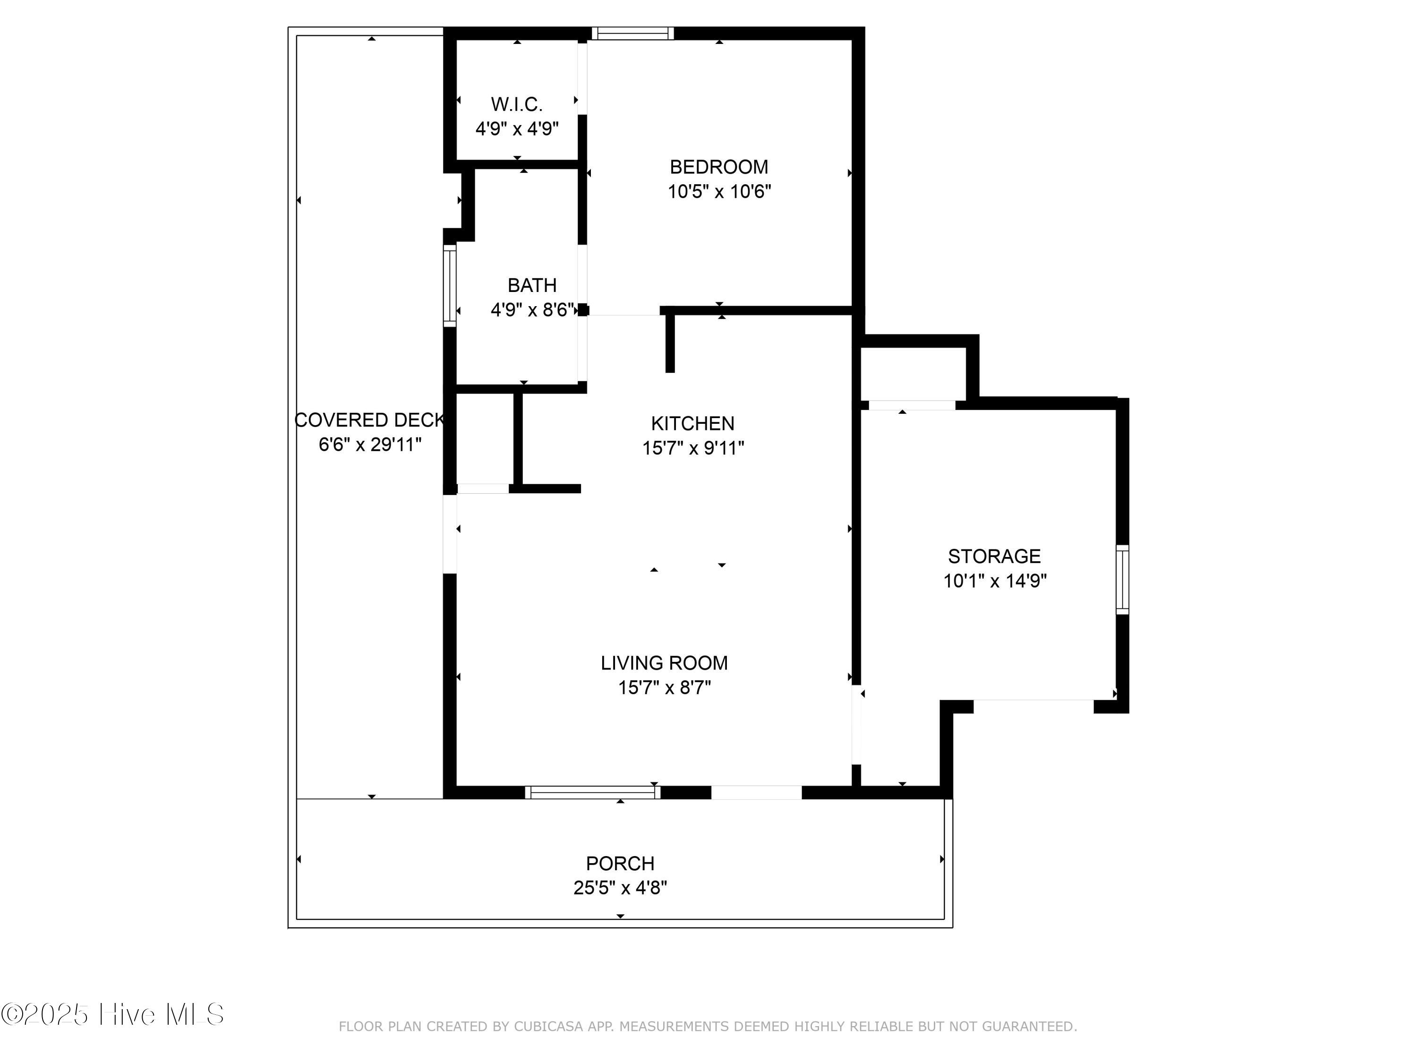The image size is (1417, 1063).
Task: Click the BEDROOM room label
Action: (x=719, y=167)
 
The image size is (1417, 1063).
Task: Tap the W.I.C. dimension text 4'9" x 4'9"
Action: (x=516, y=129)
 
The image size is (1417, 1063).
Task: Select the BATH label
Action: (x=532, y=285)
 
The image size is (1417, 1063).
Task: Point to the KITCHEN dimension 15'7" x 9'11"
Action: (x=693, y=448)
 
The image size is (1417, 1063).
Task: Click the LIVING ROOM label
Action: (x=664, y=662)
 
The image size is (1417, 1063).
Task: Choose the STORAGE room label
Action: (x=994, y=556)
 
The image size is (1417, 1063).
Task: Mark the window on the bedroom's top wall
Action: (x=632, y=34)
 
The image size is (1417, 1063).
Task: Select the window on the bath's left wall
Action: (x=450, y=286)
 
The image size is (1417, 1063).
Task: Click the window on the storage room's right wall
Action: (x=1122, y=579)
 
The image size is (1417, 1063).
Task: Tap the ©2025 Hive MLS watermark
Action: (x=112, y=1014)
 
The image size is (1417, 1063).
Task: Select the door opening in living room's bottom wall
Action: (x=756, y=793)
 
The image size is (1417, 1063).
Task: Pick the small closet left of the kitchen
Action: (x=484, y=439)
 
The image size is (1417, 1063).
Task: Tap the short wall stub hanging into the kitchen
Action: (x=670, y=343)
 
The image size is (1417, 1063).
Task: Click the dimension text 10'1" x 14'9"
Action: (x=994, y=581)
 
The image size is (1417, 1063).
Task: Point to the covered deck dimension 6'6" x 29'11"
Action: (x=370, y=444)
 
